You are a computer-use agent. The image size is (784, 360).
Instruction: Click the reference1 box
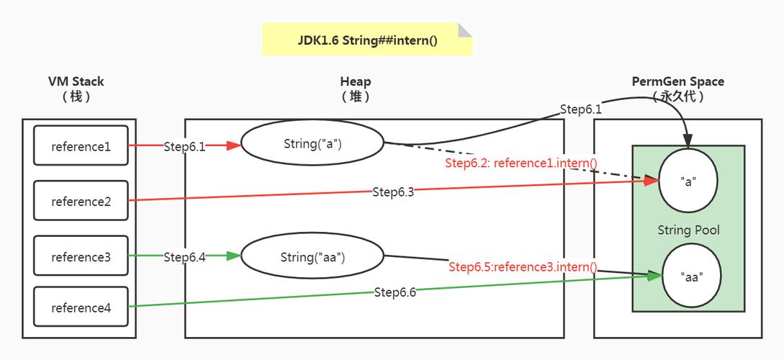[81, 146]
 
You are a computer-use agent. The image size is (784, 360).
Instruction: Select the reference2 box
[81, 201]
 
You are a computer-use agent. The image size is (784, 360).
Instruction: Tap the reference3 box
[81, 256]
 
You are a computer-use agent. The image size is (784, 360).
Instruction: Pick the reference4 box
[81, 307]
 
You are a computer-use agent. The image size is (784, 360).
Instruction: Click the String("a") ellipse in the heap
[312, 143]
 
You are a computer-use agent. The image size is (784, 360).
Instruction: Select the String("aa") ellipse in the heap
[312, 256]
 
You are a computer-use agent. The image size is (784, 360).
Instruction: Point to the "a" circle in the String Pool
[688, 181]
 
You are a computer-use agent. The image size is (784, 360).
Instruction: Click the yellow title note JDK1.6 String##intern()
[367, 40]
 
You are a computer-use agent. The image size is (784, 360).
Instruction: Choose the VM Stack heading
[76, 82]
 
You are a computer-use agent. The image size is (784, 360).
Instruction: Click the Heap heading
[356, 82]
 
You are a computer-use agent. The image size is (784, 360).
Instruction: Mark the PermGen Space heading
[677, 82]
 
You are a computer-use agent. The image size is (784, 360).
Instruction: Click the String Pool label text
[688, 230]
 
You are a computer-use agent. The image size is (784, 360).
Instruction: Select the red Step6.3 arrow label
[394, 192]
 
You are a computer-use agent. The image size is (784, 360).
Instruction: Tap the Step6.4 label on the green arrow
[184, 256]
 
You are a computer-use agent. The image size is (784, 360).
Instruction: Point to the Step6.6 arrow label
[395, 292]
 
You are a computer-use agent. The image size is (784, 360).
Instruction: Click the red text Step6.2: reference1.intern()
[521, 163]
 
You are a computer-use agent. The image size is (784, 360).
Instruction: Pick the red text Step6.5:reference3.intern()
[523, 267]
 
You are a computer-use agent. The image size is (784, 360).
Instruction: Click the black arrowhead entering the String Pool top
[689, 140]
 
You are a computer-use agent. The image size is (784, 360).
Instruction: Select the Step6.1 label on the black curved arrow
[580, 109]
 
